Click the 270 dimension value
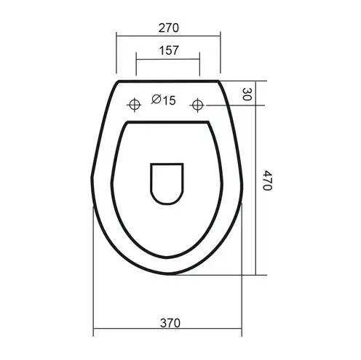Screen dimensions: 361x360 click(x=169, y=28)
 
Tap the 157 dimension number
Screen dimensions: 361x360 click(x=169, y=50)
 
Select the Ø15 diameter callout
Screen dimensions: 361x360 click(x=163, y=100)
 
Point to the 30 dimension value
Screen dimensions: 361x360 click(x=247, y=95)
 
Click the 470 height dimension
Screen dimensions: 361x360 click(x=268, y=180)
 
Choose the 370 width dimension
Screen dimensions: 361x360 click(x=170, y=323)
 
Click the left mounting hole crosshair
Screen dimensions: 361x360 click(x=134, y=105)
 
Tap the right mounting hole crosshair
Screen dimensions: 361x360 click(x=197, y=105)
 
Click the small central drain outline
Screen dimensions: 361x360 click(x=167, y=183)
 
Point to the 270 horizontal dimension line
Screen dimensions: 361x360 click(x=168, y=36)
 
